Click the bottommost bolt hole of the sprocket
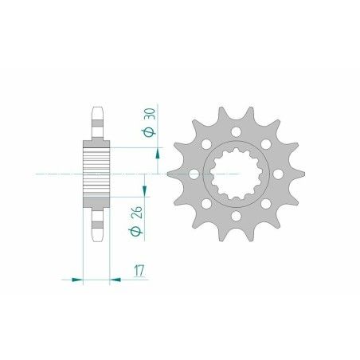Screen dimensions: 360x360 237,218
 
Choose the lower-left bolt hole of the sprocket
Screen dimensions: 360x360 206,205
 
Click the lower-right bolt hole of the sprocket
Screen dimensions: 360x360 269,204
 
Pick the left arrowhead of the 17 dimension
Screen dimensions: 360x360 77,280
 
